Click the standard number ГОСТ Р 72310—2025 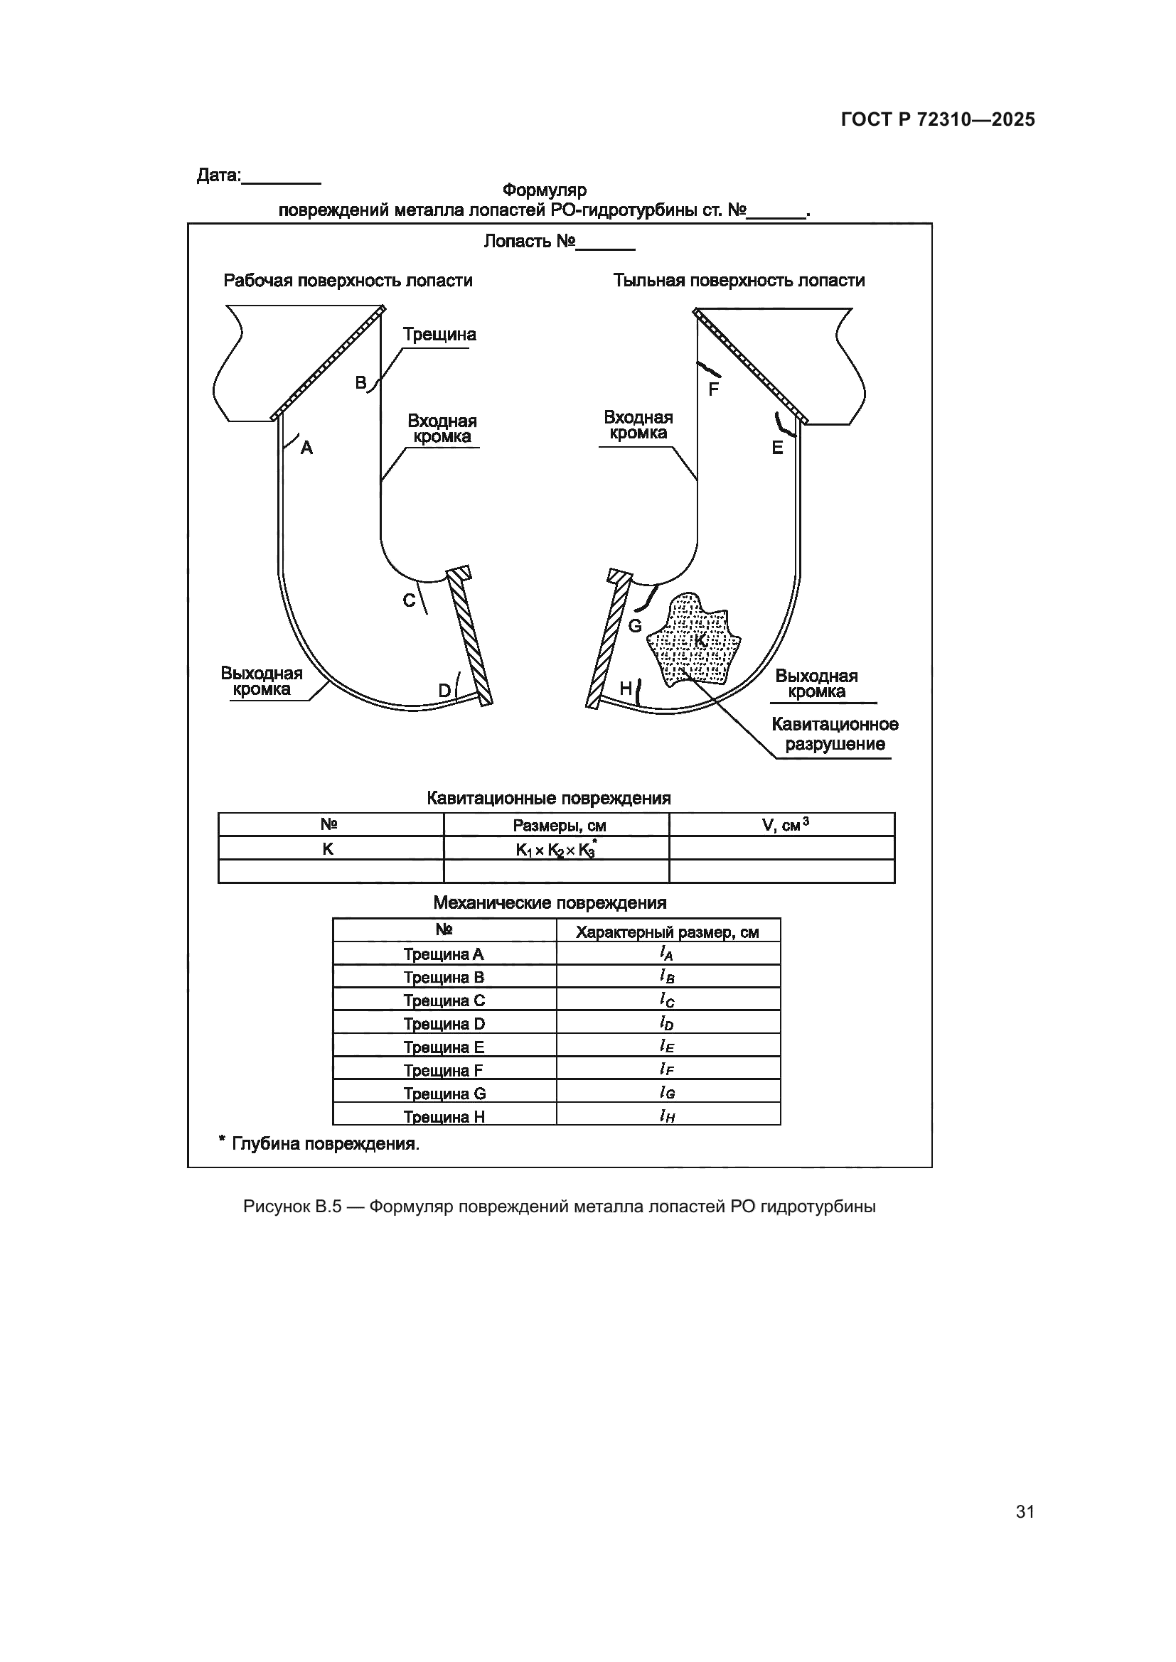pos(938,119)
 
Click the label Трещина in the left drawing pos(439,335)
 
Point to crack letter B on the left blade pos(360,383)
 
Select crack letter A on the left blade pos(306,448)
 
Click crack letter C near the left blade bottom pos(409,600)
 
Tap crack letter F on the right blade pos(713,390)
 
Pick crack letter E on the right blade pos(777,448)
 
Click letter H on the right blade pos(626,689)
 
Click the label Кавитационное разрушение pos(834,734)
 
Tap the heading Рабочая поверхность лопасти pos(348,281)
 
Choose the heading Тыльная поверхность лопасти pos(739,281)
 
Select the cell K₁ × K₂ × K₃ pos(555,850)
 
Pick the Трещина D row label pos(444,1023)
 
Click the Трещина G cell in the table pos(444,1093)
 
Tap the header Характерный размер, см pos(667,932)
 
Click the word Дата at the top pos(218,176)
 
